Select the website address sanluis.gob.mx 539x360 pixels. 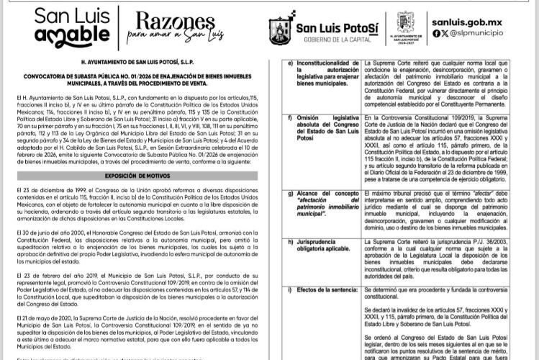[472, 20]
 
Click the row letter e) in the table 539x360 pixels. [289, 63]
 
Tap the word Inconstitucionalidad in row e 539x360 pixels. [328, 63]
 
